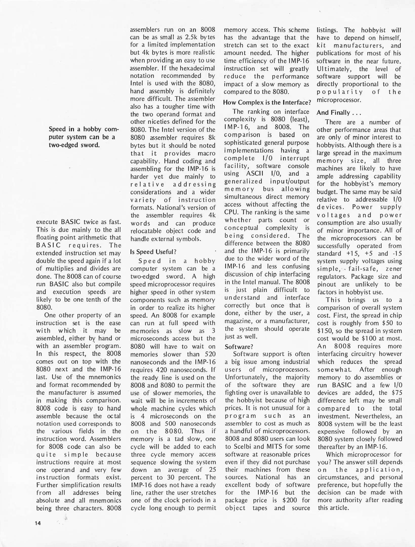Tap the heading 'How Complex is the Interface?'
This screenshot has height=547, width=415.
coord(267,103)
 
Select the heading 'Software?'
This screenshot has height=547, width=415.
coord(239,347)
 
